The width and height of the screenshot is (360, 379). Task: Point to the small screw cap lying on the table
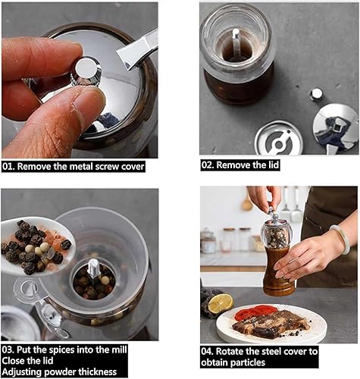(x=316, y=94)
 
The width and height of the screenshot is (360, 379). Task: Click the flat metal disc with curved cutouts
(x=279, y=139)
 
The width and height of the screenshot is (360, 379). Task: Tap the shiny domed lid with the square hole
(x=336, y=127)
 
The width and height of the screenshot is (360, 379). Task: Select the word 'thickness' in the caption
(x=98, y=371)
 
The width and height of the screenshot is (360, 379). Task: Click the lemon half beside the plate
(x=221, y=303)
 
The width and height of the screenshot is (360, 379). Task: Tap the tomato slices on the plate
(x=255, y=312)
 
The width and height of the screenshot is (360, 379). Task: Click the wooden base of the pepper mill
(x=278, y=272)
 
